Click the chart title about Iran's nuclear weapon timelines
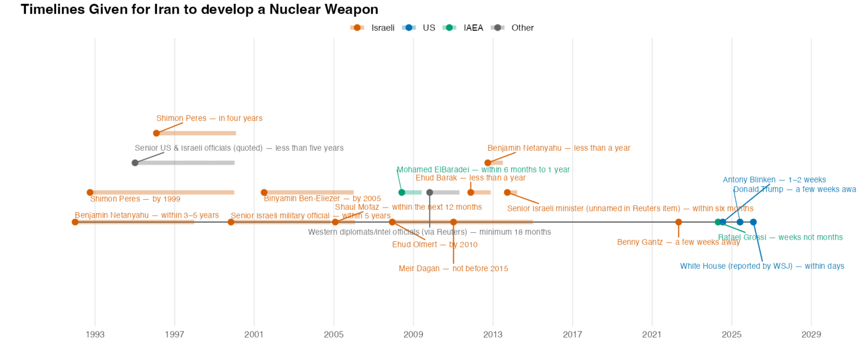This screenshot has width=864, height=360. tap(199, 10)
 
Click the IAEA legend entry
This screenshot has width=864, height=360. tap(473, 28)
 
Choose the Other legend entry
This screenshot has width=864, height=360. tap(522, 28)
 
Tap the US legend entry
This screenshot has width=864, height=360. tap(429, 28)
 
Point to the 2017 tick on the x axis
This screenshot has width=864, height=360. tap(573, 335)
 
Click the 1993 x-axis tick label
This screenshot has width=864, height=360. tap(95, 335)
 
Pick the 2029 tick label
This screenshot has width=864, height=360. tap(811, 335)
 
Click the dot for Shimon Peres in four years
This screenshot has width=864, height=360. tap(156, 133)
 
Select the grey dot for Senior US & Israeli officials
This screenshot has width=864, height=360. tap(135, 163)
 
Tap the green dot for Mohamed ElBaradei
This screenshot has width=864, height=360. tap(402, 192)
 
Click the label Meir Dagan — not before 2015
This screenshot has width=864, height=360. tap(453, 269)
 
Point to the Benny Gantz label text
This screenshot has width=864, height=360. tap(678, 242)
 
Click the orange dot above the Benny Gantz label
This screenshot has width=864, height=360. tap(678, 222)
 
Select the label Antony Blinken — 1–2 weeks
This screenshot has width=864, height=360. tap(774, 180)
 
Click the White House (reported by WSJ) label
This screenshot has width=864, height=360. tap(762, 266)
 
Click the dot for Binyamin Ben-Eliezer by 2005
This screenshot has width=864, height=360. tap(264, 192)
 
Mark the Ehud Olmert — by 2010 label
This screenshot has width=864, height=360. tap(434, 245)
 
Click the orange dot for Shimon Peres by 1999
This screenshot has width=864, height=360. tap(90, 192)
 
